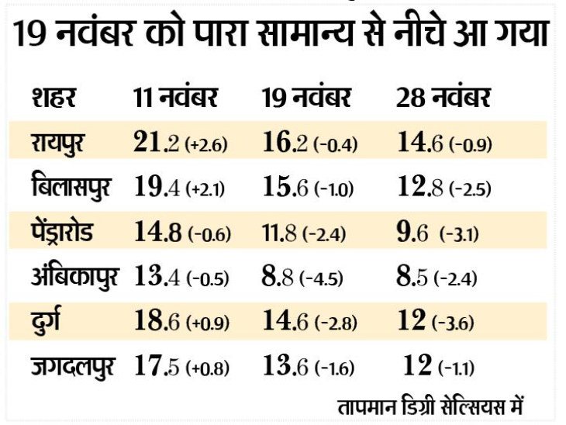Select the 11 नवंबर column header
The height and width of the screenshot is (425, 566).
point(174,98)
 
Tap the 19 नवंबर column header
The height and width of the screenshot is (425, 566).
point(308,98)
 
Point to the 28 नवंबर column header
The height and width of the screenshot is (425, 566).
point(443,98)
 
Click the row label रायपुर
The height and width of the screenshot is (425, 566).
point(63,143)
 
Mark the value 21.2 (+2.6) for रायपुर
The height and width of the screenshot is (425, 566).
point(180,143)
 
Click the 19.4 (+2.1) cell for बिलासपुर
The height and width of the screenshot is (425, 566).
point(179,188)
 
